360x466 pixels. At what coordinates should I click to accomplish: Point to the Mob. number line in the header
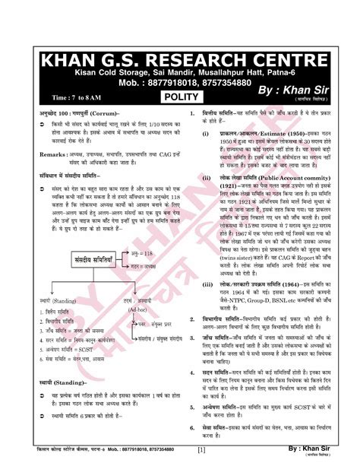(x=180, y=83)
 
